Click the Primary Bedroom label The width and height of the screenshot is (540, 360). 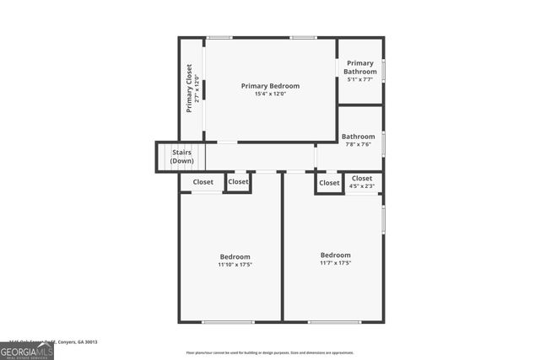pyautogui.click(x=270, y=86)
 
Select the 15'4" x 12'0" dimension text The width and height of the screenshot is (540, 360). pyautogui.click(x=270, y=94)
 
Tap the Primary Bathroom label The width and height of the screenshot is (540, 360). pyautogui.click(x=360, y=67)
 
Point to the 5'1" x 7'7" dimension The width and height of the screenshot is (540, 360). pyautogui.click(x=360, y=80)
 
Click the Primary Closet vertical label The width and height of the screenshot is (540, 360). pyautogui.click(x=190, y=89)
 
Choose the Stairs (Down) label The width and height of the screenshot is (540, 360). pyautogui.click(x=181, y=157)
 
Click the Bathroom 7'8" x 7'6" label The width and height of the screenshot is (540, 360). pyautogui.click(x=358, y=140)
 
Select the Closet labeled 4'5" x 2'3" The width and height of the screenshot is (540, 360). pyautogui.click(x=362, y=182)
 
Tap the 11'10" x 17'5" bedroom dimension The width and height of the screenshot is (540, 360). pyautogui.click(x=235, y=265)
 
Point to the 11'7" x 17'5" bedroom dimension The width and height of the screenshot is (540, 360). pyautogui.click(x=335, y=263)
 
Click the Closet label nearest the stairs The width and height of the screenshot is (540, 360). pyautogui.click(x=202, y=182)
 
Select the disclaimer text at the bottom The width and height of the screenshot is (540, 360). pyautogui.click(x=270, y=352)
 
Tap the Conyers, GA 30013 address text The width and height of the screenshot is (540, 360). pyautogui.click(x=76, y=341)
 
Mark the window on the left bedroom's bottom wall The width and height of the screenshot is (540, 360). pyautogui.click(x=228, y=321)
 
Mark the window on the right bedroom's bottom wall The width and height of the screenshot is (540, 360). pyautogui.click(x=334, y=321)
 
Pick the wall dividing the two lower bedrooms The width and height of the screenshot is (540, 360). pyautogui.click(x=282, y=253)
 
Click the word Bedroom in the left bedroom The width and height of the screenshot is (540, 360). pyautogui.click(x=235, y=256)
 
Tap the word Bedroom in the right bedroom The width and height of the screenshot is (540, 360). pyautogui.click(x=335, y=255)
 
